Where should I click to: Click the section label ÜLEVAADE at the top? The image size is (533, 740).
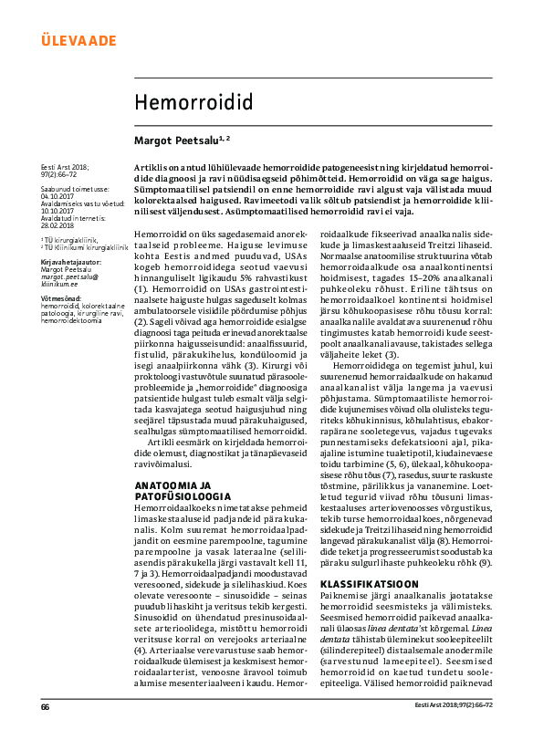79,40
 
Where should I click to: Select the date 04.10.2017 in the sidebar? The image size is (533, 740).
57,194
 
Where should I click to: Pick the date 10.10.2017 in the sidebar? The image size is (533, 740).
57,209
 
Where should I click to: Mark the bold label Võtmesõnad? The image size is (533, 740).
61,297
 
